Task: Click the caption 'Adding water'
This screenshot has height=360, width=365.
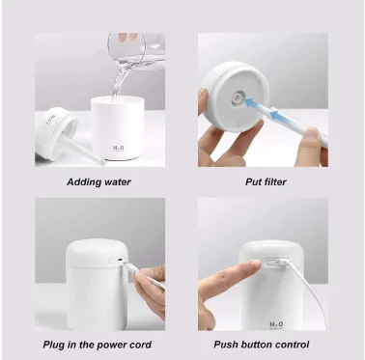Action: point(98,181)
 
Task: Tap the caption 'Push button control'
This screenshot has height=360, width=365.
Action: point(264,344)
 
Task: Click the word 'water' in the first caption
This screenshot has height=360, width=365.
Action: point(116,181)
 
